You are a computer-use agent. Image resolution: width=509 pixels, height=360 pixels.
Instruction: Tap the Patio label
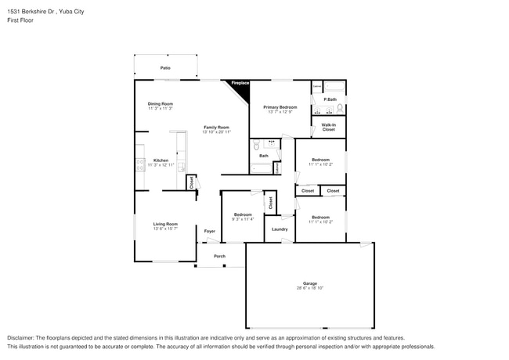pyautogui.click(x=165, y=68)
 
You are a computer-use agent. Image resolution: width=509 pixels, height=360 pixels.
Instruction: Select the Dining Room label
pyautogui.click(x=161, y=103)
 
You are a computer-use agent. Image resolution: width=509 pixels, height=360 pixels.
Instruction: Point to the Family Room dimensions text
pyautogui.click(x=217, y=132)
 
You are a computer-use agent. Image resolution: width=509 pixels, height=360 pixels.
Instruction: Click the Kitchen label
pyautogui.click(x=161, y=160)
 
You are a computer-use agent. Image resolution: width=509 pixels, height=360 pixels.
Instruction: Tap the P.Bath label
pyautogui.click(x=330, y=99)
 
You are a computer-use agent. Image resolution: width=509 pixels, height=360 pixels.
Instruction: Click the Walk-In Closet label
pyautogui.click(x=328, y=127)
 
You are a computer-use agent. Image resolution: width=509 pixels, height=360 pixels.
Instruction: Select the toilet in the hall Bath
pyautogui.click(x=257, y=145)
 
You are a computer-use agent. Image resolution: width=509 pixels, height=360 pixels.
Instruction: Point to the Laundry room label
pyautogui.click(x=280, y=229)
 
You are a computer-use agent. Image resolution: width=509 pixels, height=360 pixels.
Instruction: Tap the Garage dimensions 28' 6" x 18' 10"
pyautogui.click(x=309, y=289)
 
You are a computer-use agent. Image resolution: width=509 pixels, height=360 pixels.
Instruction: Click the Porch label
pyautogui.click(x=220, y=256)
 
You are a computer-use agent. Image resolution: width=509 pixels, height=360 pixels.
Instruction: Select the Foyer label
pyautogui.click(x=210, y=232)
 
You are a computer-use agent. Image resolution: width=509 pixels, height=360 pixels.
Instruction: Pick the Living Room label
pyautogui.click(x=165, y=224)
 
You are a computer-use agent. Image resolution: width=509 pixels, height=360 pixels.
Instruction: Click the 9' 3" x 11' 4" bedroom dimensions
pyautogui.click(x=243, y=219)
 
